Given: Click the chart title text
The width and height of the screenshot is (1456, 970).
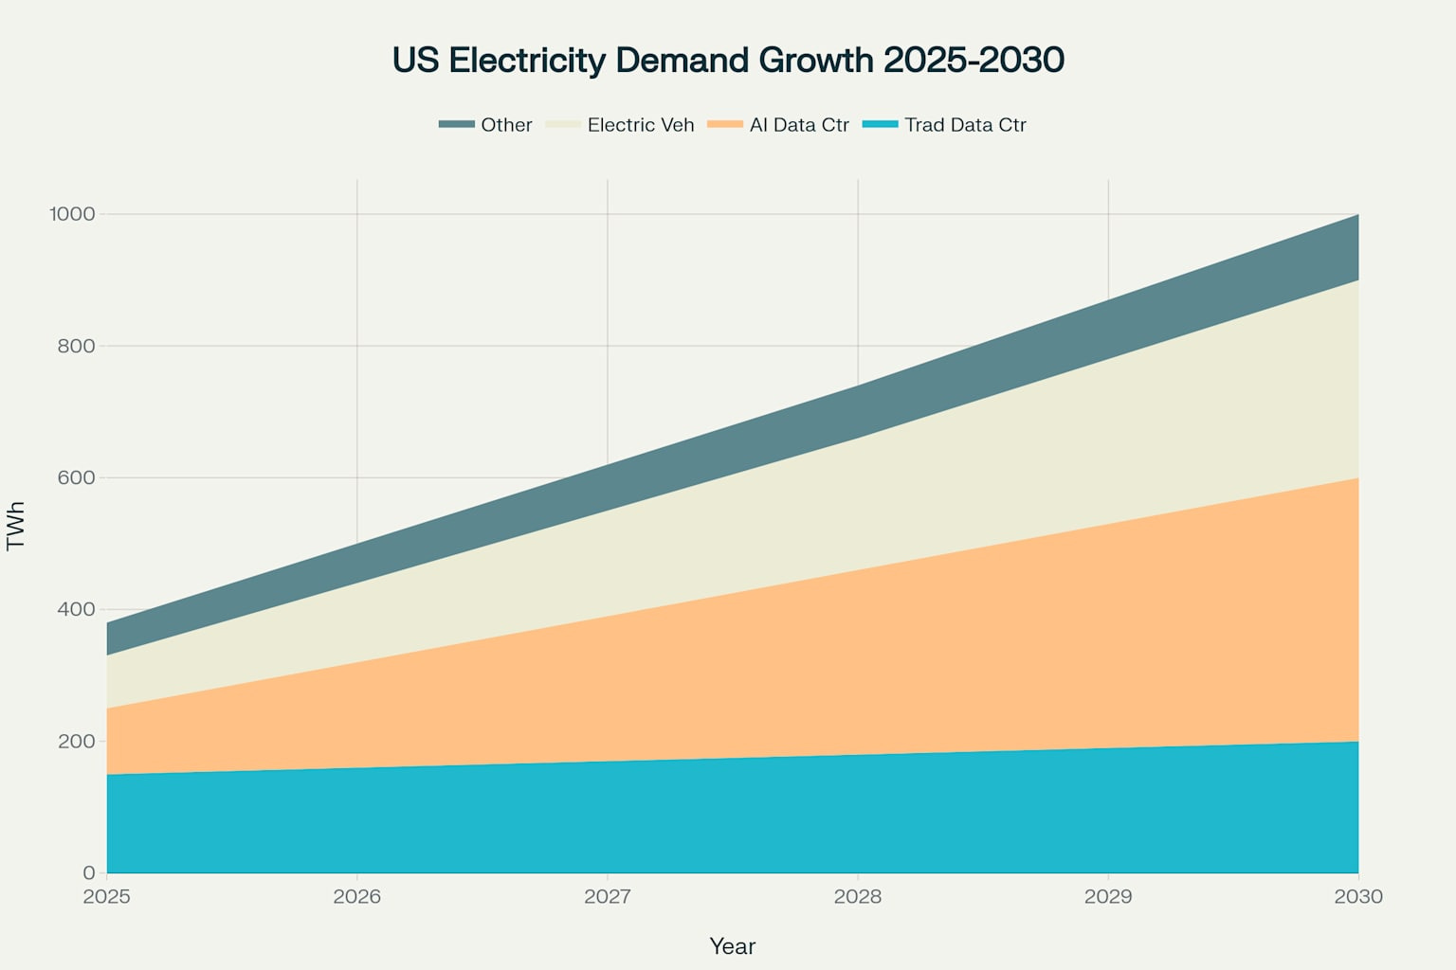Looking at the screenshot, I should click(728, 60).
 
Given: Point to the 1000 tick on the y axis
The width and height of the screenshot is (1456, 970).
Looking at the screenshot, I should click(73, 214).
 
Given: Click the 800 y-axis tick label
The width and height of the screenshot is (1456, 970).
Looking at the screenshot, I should click(77, 346).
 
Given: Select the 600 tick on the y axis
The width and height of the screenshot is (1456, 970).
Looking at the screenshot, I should click(77, 477).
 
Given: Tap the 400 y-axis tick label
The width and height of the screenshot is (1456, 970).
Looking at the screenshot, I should click(77, 609).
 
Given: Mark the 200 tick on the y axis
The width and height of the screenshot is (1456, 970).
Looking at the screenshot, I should click(77, 741).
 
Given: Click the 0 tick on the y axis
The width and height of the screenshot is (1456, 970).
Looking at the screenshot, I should click(89, 872).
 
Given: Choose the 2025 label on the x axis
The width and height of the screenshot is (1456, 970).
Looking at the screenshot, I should click(107, 896).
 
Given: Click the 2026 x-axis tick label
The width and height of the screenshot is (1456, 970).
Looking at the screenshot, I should click(357, 896).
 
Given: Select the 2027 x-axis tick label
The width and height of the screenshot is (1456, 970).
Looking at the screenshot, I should click(608, 896).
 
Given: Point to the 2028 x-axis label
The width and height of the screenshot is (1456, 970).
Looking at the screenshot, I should click(858, 896).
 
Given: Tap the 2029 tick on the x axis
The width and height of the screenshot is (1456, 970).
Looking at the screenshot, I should click(1108, 896).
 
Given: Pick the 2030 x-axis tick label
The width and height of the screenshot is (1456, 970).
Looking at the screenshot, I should click(1358, 896).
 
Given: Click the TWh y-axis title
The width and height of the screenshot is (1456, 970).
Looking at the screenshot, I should click(16, 526).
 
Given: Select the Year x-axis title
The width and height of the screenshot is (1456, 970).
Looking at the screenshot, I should click(732, 946).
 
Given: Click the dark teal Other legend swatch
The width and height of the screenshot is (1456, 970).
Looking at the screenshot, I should click(456, 125).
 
